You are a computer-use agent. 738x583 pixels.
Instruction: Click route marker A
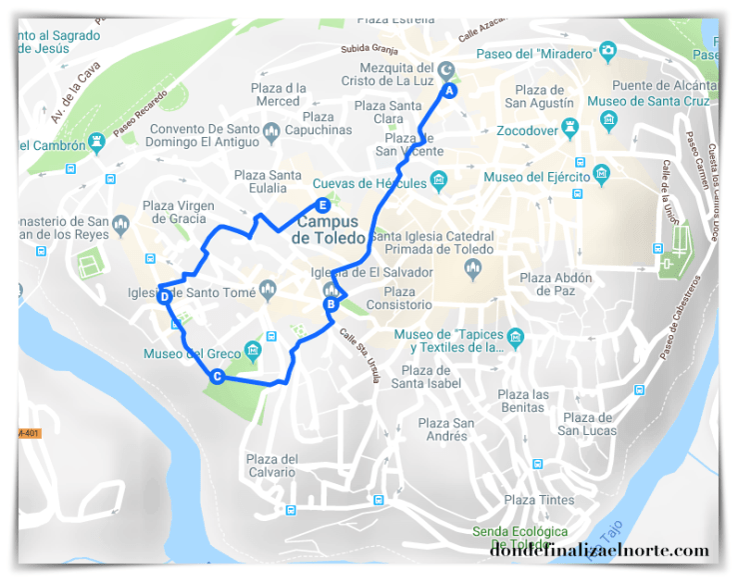pyautogui.click(x=449, y=90)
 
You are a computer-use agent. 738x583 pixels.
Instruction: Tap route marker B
pyautogui.click(x=330, y=304)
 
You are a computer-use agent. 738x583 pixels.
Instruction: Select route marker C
pyautogui.click(x=217, y=376)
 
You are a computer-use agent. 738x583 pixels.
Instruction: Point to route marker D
pyautogui.click(x=164, y=296)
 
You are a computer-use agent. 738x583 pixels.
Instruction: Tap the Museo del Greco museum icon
pyautogui.click(x=252, y=349)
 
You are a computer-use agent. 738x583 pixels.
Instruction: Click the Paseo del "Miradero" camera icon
pyautogui.click(x=607, y=53)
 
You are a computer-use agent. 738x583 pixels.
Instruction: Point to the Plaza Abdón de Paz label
pyautogui.click(x=556, y=284)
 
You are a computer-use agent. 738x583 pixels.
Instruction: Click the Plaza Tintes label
pyautogui.click(x=539, y=500)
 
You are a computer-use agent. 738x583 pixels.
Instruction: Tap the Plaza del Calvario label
pyautogui.click(x=273, y=466)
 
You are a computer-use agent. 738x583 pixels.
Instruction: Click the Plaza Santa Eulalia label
pyautogui.click(x=268, y=182)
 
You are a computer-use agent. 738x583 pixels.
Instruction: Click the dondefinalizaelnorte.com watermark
pyautogui.click(x=598, y=550)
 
